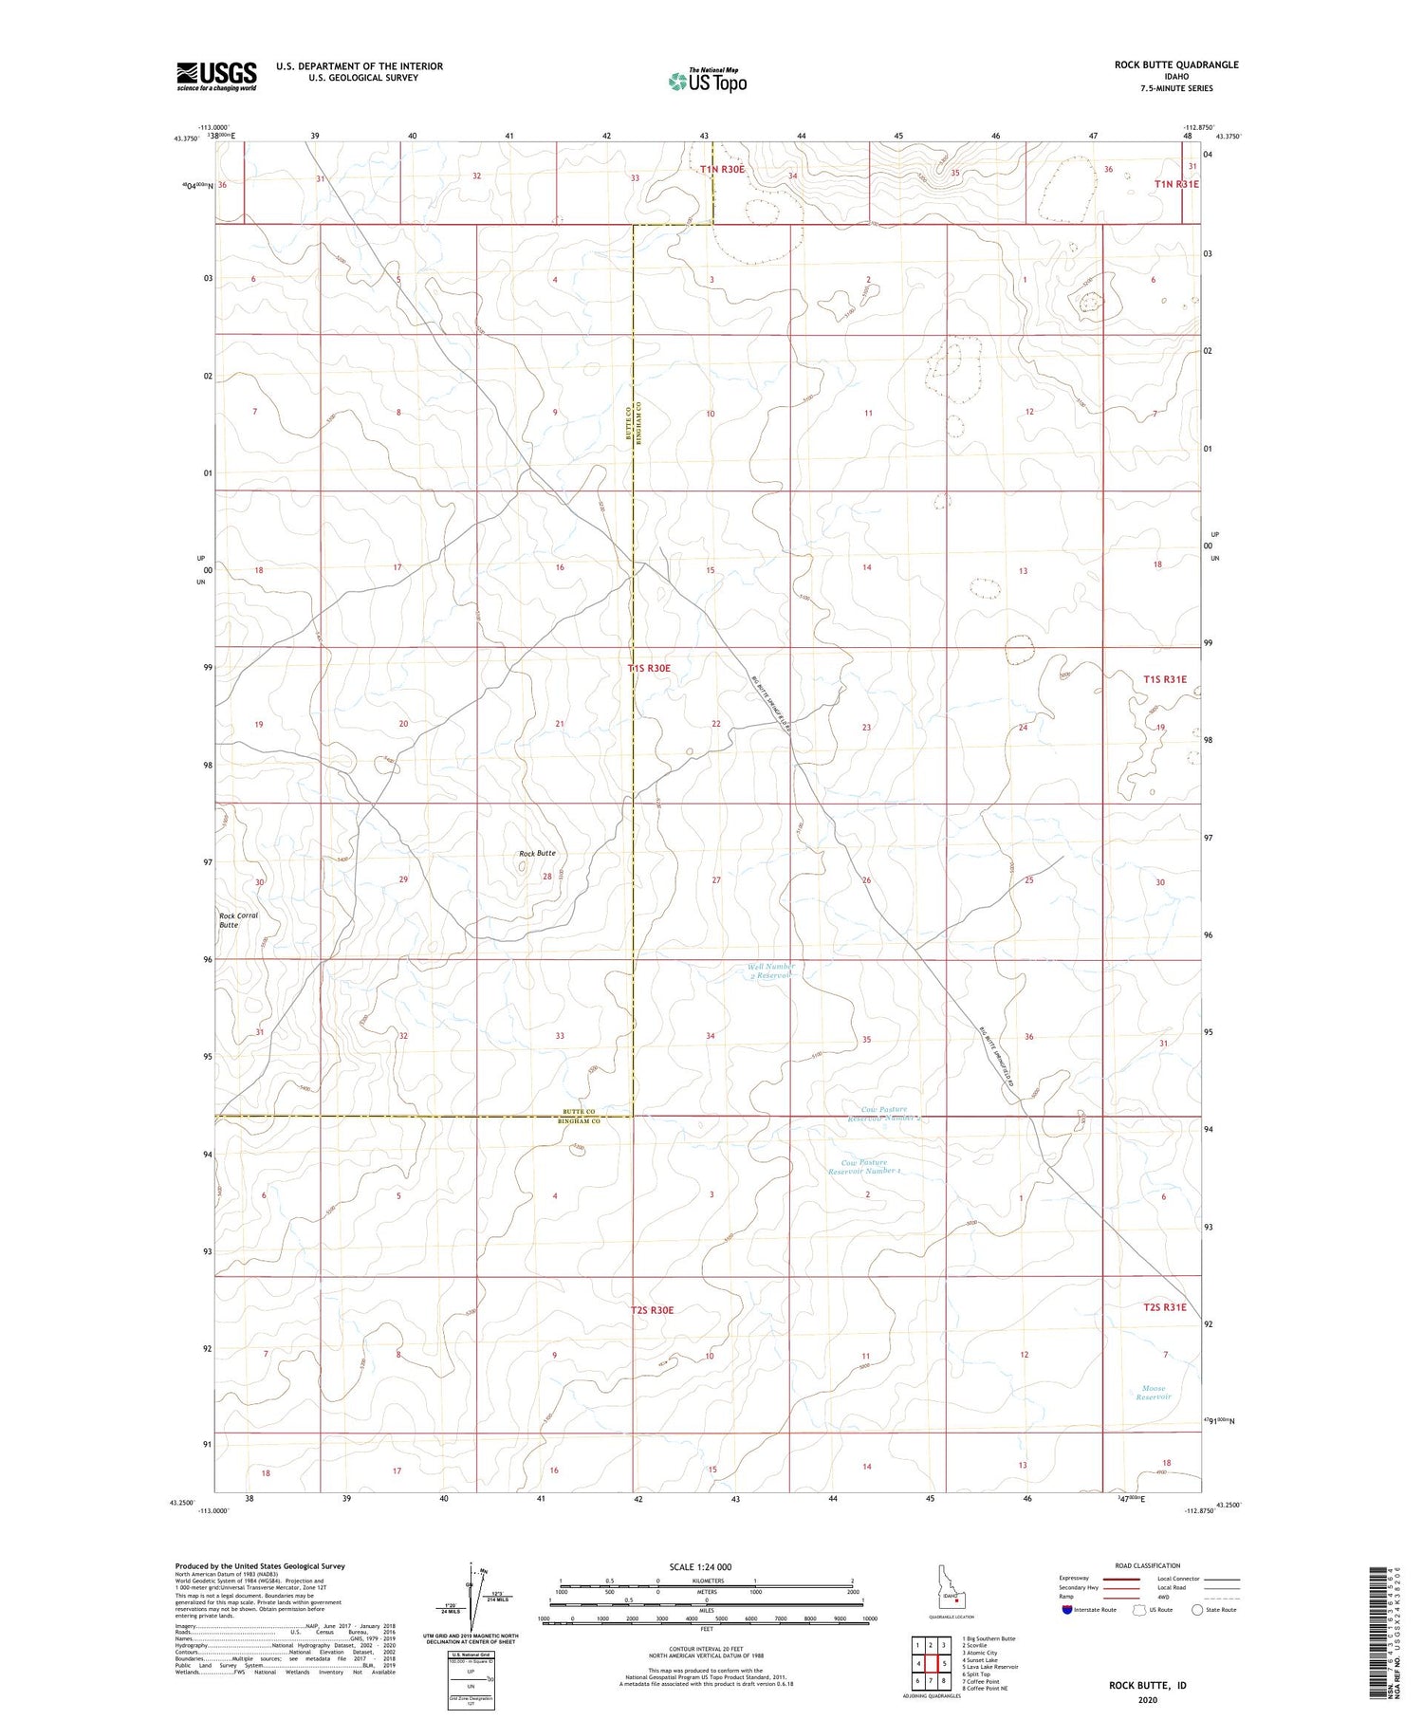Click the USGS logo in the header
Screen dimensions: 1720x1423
point(216,76)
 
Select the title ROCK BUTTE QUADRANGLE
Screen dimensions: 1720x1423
point(1175,65)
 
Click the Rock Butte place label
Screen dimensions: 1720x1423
point(537,853)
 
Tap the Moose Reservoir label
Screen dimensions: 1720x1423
point(1154,1392)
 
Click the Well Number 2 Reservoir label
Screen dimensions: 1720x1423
point(770,971)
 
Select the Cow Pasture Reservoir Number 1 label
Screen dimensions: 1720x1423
point(864,1166)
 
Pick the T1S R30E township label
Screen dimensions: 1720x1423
point(650,668)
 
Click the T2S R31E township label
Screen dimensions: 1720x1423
point(1165,1306)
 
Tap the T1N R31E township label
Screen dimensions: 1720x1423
point(1176,184)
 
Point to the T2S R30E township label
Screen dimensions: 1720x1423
point(652,1310)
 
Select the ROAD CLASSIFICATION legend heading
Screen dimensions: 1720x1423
point(1148,1565)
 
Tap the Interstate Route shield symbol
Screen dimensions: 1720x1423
point(1067,1610)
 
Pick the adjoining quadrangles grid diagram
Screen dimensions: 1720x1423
point(931,1663)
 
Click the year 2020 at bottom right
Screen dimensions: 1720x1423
point(1147,1700)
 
